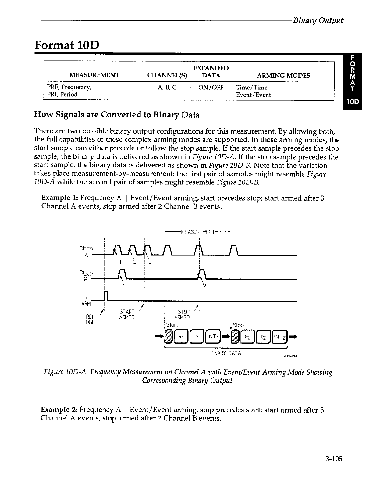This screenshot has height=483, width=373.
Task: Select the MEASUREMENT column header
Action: (x=94, y=75)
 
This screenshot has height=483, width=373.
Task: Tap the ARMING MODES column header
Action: (x=283, y=75)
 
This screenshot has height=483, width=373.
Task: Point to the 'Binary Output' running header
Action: (x=318, y=20)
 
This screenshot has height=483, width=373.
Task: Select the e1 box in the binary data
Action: (x=180, y=337)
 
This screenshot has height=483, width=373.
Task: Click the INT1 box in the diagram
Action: (x=212, y=337)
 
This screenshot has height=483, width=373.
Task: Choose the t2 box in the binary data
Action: (x=264, y=337)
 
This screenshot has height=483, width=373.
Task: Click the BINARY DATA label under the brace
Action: (x=226, y=353)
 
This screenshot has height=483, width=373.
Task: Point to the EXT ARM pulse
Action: (x=106, y=296)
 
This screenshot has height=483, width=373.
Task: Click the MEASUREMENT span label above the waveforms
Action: (x=198, y=232)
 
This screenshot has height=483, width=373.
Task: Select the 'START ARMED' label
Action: (x=127, y=314)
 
